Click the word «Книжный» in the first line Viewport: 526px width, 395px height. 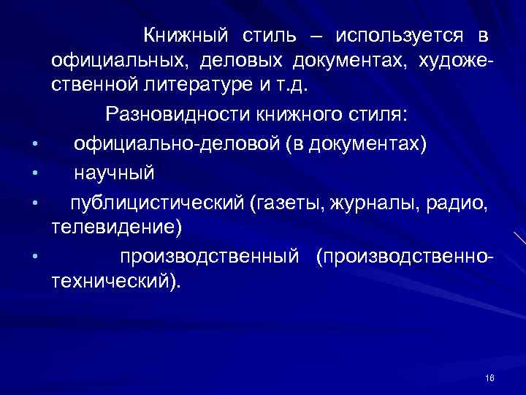[186, 34]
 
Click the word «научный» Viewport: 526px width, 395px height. [114, 172]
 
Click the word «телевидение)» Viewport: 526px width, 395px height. [117, 227]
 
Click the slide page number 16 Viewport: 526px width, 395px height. [489, 377]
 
